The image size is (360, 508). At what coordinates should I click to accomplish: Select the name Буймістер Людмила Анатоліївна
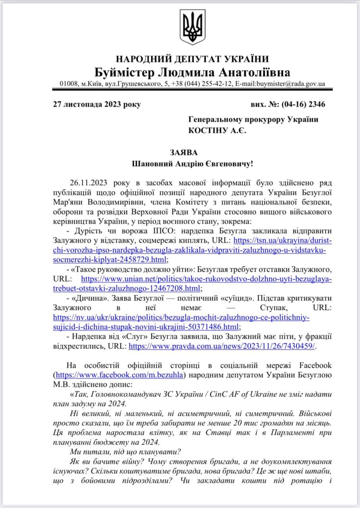coord(192,72)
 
